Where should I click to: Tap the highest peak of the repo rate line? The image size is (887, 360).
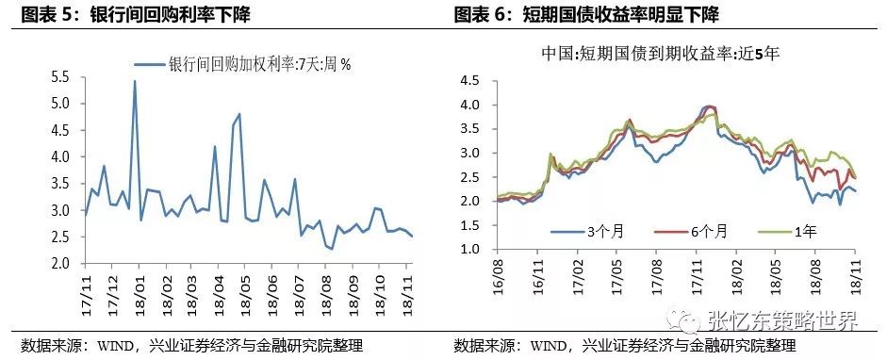[134, 81]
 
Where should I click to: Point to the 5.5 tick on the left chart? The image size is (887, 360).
[60, 76]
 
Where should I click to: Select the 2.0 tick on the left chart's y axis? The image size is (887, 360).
[60, 265]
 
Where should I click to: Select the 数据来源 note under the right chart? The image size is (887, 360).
[623, 345]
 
